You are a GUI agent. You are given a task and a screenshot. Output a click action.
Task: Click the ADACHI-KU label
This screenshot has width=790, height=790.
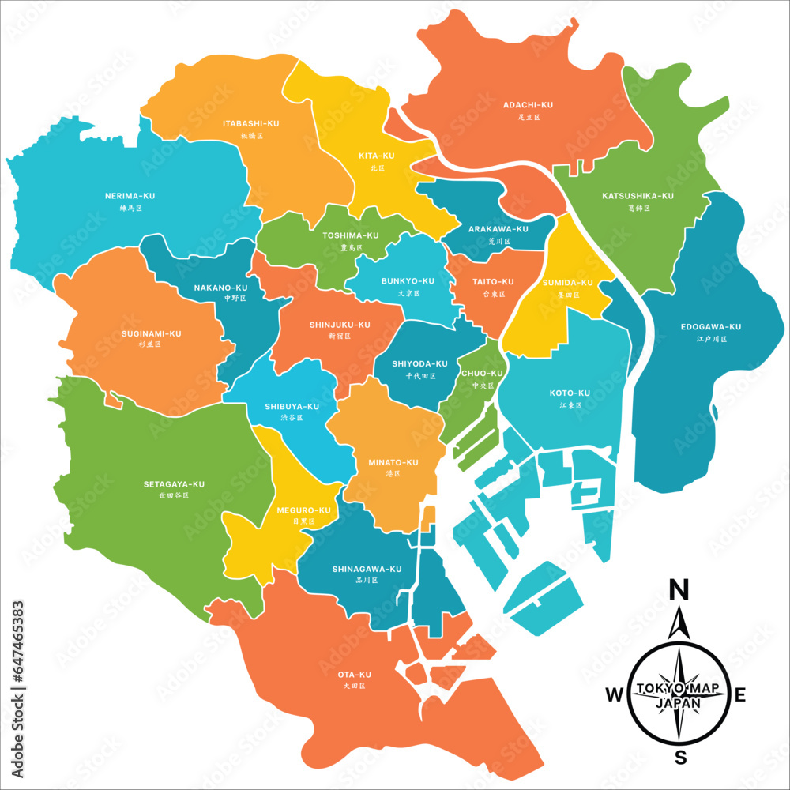[528, 105]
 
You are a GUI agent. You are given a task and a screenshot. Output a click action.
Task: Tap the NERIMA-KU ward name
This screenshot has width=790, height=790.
[130, 196]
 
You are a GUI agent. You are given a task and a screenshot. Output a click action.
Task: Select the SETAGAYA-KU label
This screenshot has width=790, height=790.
[174, 484]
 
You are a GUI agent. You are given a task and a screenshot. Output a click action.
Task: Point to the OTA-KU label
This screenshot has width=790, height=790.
[354, 675]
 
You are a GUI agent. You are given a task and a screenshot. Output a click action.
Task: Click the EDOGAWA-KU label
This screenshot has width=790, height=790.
[711, 327]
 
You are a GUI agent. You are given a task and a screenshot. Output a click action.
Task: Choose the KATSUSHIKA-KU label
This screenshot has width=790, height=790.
[638, 196]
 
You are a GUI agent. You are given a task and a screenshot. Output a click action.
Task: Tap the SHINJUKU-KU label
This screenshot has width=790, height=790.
[340, 325]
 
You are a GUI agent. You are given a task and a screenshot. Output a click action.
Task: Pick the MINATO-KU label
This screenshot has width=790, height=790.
[393, 462]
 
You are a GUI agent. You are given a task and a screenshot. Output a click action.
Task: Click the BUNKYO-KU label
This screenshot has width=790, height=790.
[408, 281]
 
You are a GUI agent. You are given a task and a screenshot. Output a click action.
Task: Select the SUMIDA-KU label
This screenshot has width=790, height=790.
[567, 283]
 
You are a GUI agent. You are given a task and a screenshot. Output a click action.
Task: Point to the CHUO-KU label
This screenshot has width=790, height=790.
[482, 374]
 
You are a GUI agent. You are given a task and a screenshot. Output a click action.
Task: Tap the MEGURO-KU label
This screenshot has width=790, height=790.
[303, 510]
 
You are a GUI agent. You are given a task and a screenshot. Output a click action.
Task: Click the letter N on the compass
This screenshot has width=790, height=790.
[678, 589]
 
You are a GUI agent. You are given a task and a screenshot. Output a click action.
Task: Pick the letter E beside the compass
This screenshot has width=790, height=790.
[740, 694]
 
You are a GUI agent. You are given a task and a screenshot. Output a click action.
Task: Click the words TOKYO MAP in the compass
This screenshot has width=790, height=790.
[678, 689]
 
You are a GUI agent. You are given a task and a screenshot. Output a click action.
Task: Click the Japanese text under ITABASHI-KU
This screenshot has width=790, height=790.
[250, 136]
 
